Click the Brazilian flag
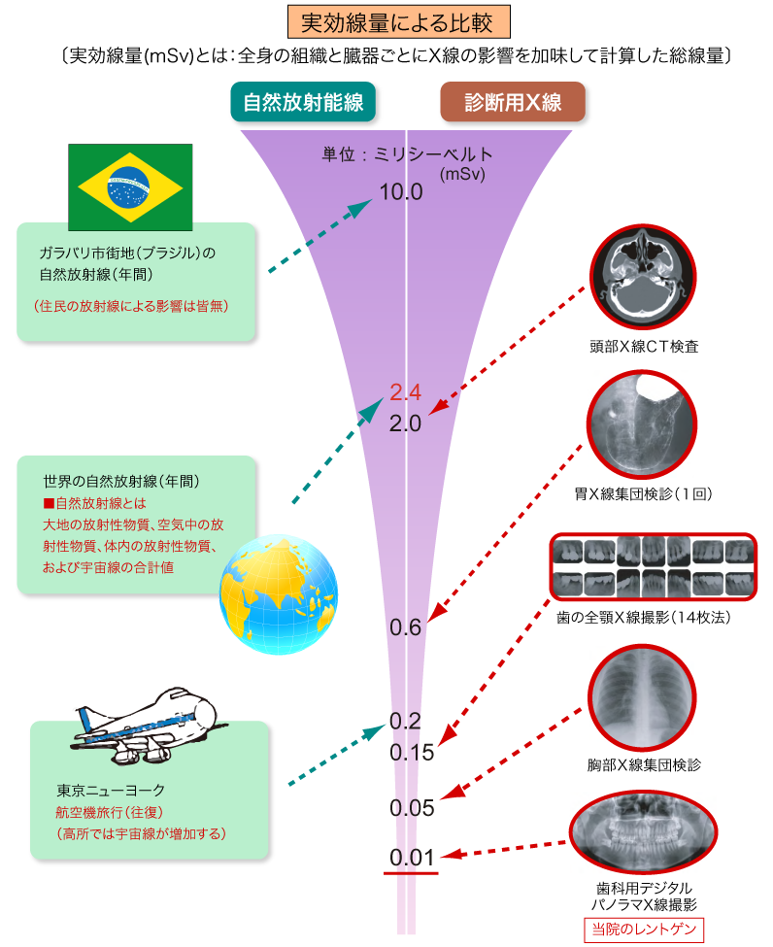[x=130, y=186]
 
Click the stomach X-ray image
[x=643, y=427]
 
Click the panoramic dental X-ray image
[x=645, y=832]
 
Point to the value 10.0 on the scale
[x=401, y=191]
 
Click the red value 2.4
[x=404, y=392]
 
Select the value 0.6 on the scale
[x=404, y=627]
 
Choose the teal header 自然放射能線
[x=303, y=103]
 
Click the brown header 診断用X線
[x=513, y=103]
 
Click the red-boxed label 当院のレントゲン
[x=642, y=929]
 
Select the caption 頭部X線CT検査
[x=643, y=346]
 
